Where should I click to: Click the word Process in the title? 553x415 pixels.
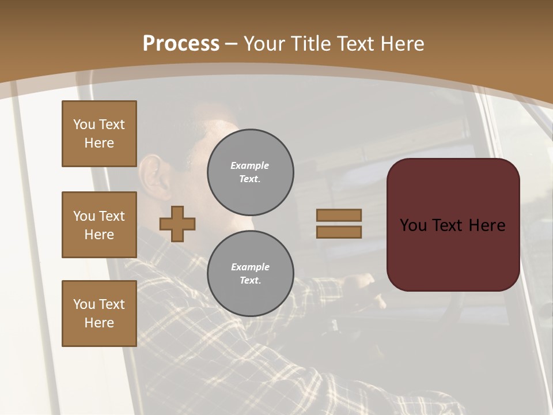[181, 44]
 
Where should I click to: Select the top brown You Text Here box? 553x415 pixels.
[99, 134]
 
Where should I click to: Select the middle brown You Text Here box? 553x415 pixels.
[99, 225]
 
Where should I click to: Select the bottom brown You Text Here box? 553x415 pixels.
[99, 314]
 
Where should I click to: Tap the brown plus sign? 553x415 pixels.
[177, 224]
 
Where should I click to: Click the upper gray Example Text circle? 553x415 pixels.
[250, 172]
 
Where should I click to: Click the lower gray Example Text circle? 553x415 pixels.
[250, 274]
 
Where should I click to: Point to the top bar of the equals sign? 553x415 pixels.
[339, 215]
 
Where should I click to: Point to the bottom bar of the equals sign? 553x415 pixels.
[339, 232]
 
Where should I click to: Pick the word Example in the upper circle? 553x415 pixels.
[250, 165]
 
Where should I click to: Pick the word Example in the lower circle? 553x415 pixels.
[250, 267]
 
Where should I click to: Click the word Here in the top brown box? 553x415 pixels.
[99, 143]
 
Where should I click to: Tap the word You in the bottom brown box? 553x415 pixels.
[84, 304]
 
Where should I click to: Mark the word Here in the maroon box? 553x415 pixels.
[486, 225]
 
